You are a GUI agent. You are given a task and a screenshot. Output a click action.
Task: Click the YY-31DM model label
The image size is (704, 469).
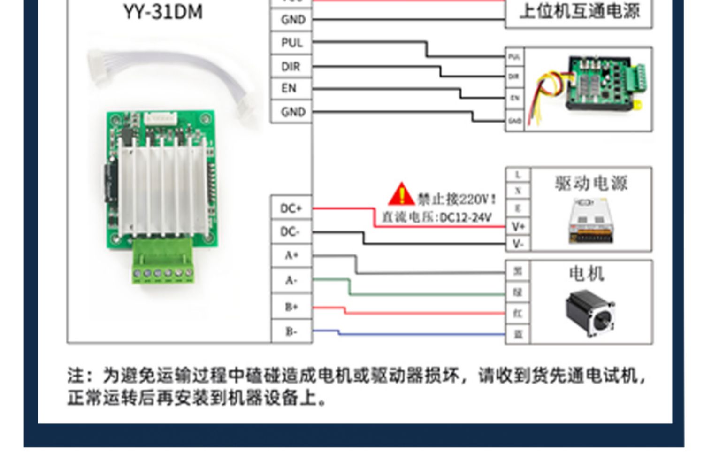click(x=163, y=12)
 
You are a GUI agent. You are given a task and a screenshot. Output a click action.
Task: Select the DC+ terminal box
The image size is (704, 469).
click(x=291, y=208)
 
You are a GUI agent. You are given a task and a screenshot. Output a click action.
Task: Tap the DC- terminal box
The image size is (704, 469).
click(x=291, y=232)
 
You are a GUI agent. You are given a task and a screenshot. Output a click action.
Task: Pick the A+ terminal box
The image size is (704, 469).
click(x=291, y=256)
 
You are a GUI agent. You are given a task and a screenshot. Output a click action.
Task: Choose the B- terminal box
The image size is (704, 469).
click(x=291, y=331)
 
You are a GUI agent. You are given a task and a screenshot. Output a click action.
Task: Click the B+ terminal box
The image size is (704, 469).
click(x=291, y=307)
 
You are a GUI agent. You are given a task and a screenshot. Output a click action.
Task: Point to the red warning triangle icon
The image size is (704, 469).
click(x=401, y=195)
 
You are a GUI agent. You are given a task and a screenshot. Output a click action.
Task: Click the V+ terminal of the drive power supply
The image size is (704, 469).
click(x=518, y=227)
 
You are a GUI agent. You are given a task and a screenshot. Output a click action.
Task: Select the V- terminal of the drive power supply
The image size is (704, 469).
click(x=518, y=244)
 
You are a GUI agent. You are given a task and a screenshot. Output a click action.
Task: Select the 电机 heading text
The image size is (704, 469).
click(x=586, y=274)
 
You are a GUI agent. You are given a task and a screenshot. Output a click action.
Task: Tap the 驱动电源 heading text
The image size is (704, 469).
click(x=591, y=183)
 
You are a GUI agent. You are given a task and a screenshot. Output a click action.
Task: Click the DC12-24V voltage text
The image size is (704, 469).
click(x=465, y=217)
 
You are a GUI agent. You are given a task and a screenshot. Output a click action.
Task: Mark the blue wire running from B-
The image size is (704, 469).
click(x=422, y=335)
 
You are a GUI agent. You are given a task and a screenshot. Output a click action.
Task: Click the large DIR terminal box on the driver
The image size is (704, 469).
click(x=291, y=67)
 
